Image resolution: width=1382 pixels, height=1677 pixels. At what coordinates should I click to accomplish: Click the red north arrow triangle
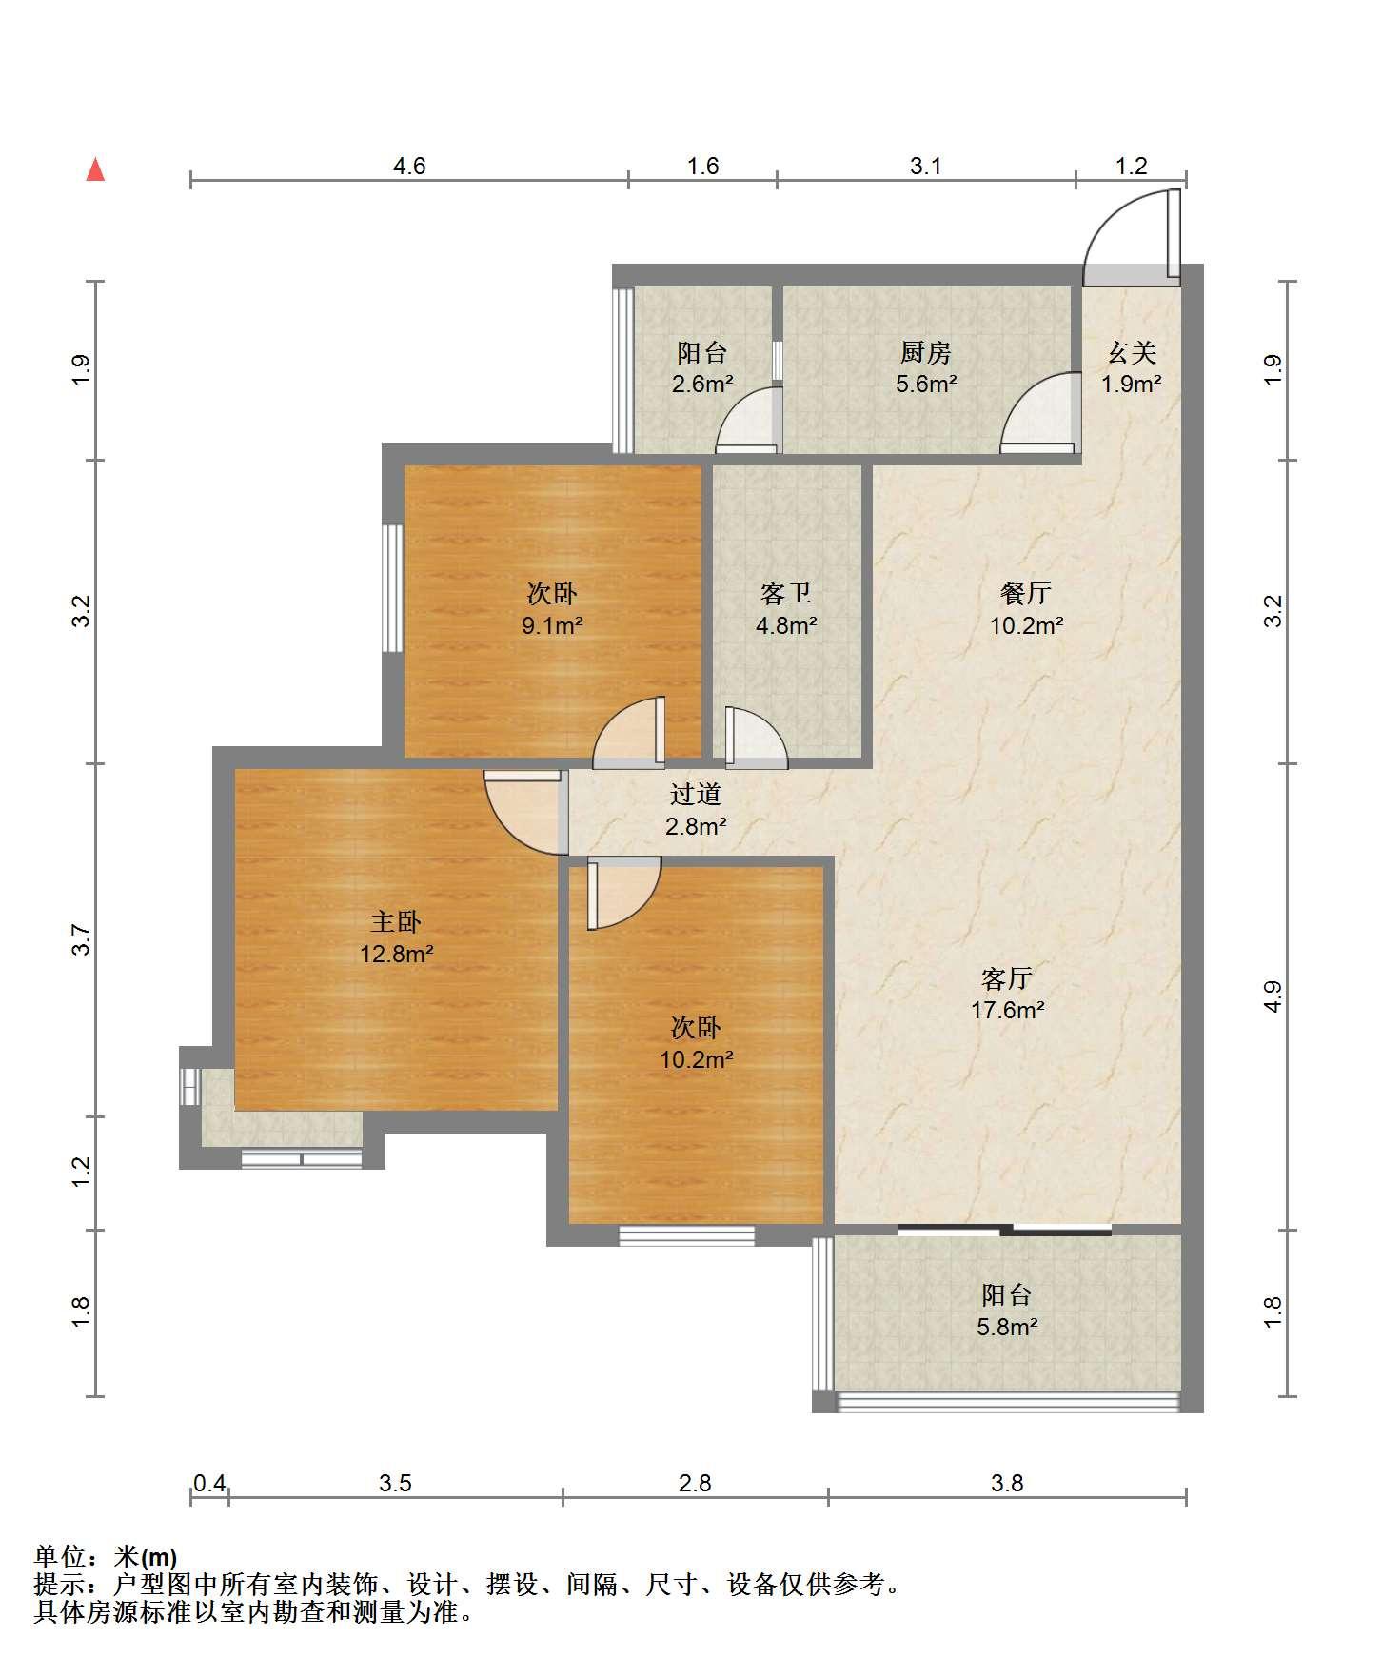pos(95,169)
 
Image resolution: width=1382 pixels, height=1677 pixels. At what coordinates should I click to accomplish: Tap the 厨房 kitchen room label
pos(925,353)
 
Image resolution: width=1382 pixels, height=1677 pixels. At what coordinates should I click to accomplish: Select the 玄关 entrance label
pos(1131,353)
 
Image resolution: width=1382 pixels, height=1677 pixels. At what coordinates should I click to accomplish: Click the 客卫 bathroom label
pos(786,595)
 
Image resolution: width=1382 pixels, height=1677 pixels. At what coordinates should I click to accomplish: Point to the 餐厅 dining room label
pos(1025,594)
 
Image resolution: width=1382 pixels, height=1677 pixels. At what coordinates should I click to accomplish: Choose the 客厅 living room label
pos(1007,978)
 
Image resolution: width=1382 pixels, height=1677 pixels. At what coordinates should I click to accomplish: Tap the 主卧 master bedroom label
pos(396,921)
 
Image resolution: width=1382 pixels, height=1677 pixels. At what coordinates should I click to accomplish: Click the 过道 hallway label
pos(696,794)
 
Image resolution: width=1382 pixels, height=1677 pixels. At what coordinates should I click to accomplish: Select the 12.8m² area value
pos(396,953)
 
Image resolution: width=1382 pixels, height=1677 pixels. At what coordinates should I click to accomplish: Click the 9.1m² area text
pos(551,626)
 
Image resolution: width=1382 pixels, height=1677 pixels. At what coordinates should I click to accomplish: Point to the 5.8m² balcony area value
pos(1007,1327)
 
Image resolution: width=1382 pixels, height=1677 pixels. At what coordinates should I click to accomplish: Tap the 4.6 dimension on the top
pos(409,167)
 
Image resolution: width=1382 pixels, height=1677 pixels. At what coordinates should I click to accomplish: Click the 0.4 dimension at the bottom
pos(209,1483)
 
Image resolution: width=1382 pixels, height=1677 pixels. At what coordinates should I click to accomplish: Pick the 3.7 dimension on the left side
pos(83,940)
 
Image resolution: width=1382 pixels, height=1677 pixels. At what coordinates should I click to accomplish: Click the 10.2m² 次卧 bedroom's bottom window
pos(686,1235)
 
